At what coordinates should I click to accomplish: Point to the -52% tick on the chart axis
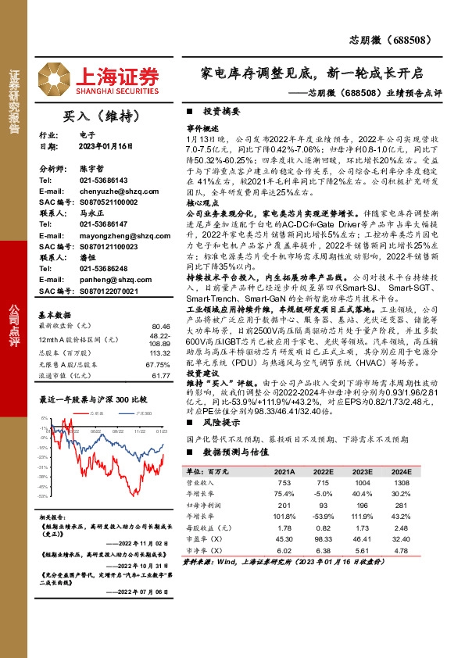tap(46, 495)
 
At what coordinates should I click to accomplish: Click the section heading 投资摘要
tap(220, 112)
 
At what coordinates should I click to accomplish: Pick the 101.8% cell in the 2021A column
tap(284, 517)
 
